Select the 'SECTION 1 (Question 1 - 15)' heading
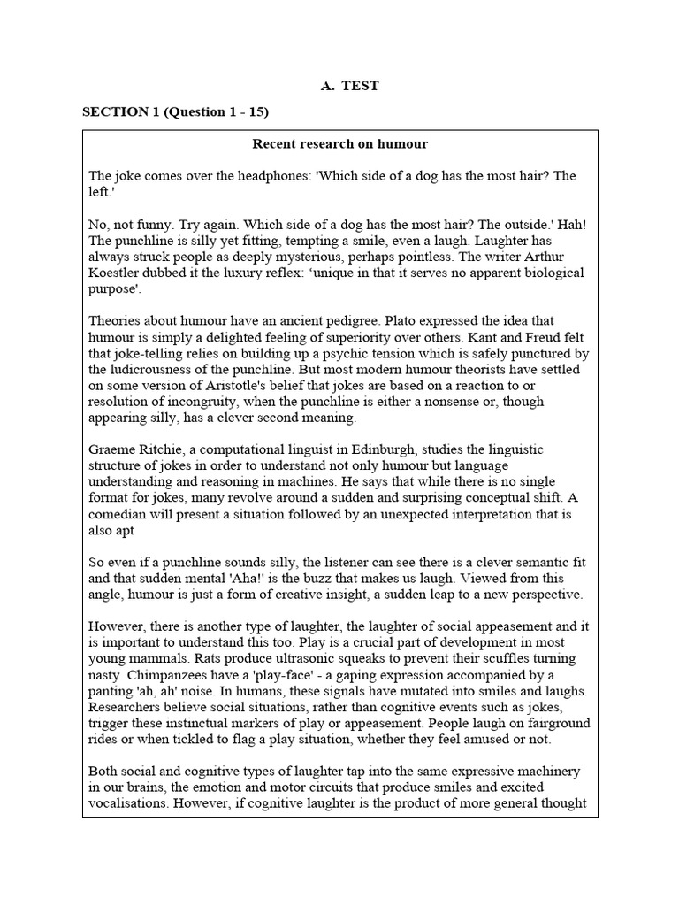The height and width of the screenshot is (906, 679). tap(175, 112)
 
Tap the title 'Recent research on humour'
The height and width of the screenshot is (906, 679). tap(339, 143)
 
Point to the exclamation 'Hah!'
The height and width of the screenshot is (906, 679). tap(564, 225)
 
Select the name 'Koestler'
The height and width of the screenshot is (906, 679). tap(118, 273)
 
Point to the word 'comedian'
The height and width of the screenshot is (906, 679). tap(119, 512)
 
